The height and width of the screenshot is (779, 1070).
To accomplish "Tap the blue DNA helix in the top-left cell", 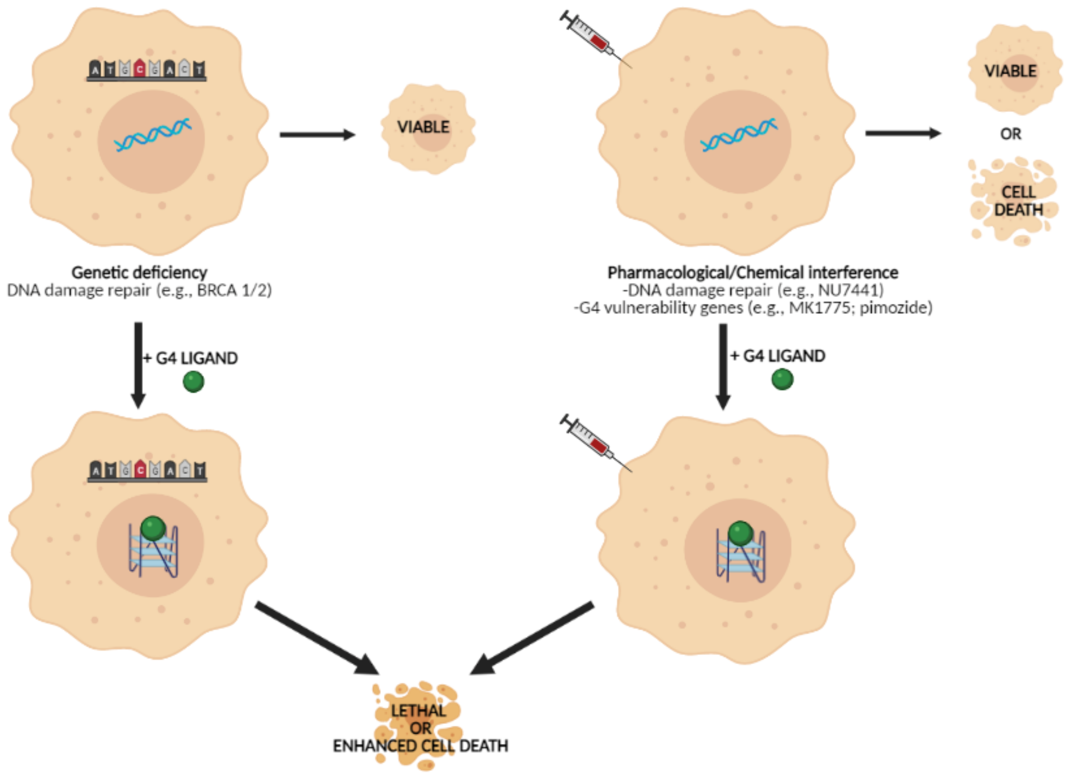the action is pos(153,134).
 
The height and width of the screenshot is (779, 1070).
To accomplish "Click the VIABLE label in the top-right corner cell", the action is pos(1010,71).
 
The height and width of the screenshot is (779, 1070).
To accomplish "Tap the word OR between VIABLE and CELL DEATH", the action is pos(1011,134).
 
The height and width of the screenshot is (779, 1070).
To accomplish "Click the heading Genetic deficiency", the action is pos(139,273).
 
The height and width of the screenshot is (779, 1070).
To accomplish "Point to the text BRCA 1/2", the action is pos(234,291).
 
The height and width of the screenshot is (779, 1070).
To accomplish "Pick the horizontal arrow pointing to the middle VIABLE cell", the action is pos(317,135).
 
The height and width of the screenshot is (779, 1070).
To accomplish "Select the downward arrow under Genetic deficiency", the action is pos(138,365).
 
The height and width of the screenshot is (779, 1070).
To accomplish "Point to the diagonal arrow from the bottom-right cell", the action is pos(532,639).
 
